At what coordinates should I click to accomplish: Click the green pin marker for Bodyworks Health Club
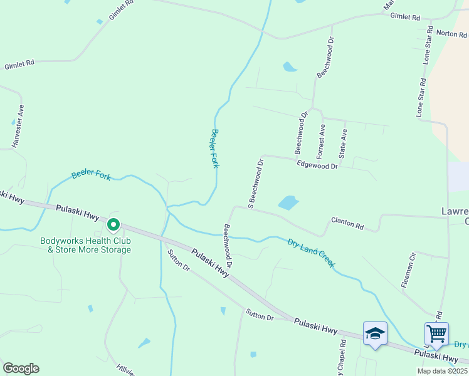(x=113, y=224)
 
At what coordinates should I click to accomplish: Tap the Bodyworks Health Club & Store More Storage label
(x=85, y=245)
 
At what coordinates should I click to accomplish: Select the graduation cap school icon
(x=375, y=333)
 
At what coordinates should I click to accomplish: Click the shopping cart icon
(x=436, y=333)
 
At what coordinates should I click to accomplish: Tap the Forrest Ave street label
(x=321, y=140)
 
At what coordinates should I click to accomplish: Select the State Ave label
(x=342, y=143)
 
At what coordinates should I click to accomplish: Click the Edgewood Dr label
(x=317, y=165)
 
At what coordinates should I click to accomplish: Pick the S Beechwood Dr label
(x=255, y=183)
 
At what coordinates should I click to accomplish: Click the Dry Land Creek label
(x=311, y=253)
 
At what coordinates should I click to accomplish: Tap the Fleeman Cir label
(x=408, y=269)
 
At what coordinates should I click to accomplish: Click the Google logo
(x=21, y=368)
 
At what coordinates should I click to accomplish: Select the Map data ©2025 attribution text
(x=442, y=371)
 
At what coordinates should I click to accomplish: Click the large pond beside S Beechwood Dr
(x=288, y=202)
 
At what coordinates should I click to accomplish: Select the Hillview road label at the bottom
(x=125, y=370)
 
